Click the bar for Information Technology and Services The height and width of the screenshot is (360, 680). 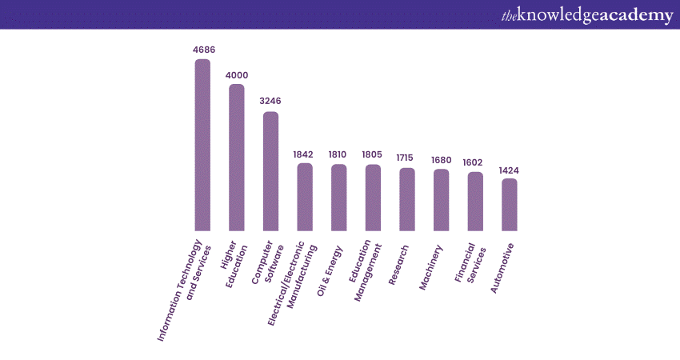[202, 145]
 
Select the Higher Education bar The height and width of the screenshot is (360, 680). [237, 158]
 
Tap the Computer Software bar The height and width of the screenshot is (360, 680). [270, 171]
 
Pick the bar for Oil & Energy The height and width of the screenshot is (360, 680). [338, 198]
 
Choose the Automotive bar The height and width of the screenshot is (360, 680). [510, 205]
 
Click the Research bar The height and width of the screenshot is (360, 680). [407, 199]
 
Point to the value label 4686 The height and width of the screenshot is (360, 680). [202, 50]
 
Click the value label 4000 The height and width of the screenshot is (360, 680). [237, 75]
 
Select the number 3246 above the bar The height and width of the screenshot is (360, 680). [270, 102]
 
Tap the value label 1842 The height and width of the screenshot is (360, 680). [304, 154]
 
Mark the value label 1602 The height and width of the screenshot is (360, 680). [475, 162]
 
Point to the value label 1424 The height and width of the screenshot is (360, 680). [510, 170]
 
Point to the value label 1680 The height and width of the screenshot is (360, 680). [442, 160]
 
